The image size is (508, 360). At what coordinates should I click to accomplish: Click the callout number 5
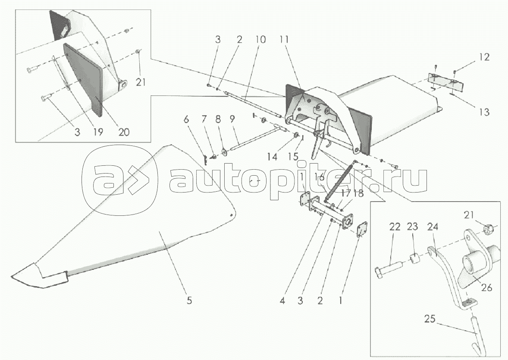[x=189, y=300]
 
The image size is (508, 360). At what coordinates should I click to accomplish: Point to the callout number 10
[x=260, y=40]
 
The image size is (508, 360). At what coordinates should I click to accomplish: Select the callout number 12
[x=484, y=57]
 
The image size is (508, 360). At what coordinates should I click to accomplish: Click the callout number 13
[x=484, y=112]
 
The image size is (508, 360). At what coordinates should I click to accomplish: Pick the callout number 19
[x=98, y=132]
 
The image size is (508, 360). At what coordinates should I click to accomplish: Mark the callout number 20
[x=124, y=132]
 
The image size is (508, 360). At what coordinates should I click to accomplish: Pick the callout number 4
[x=282, y=301]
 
